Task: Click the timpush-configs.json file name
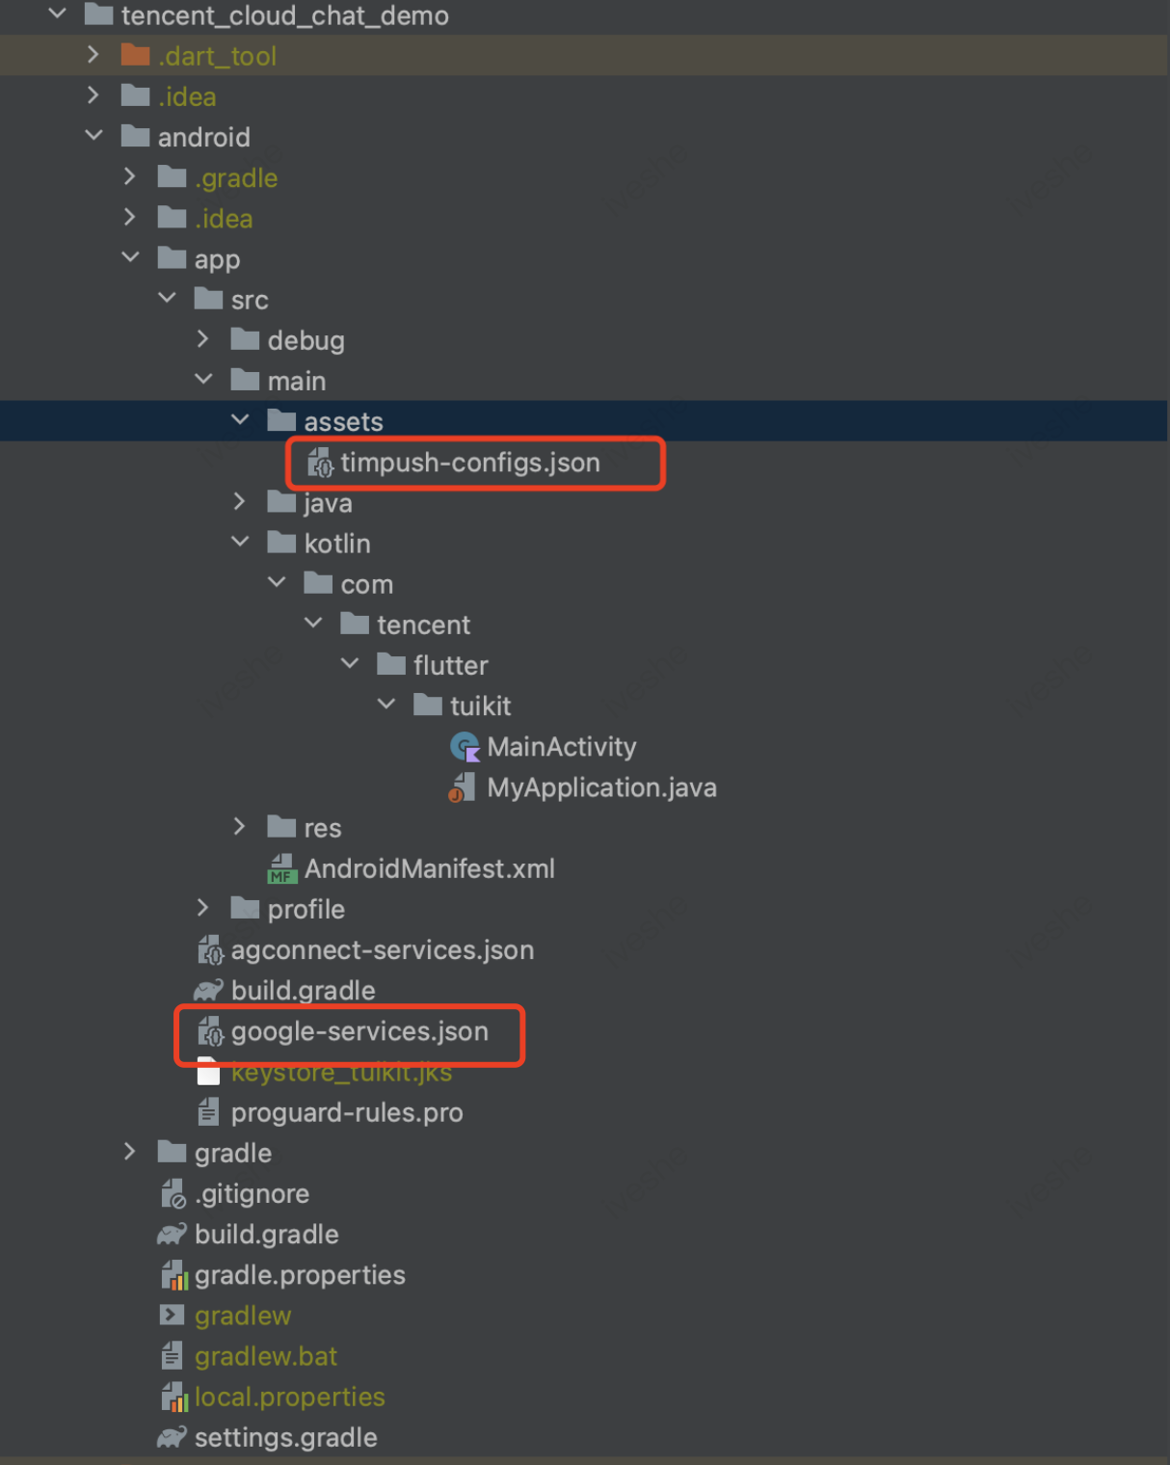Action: pyautogui.click(x=469, y=463)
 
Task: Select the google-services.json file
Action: pyautogui.click(x=359, y=1031)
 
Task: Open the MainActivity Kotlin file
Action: pyautogui.click(x=561, y=747)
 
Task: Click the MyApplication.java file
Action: pyautogui.click(x=601, y=787)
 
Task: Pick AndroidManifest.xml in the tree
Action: pyautogui.click(x=429, y=868)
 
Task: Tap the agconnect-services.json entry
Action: pyautogui.click(x=382, y=950)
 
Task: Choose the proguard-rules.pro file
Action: pyautogui.click(x=347, y=1112)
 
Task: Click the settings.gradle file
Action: pyautogui.click(x=285, y=1437)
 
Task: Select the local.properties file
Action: pyautogui.click(x=289, y=1397)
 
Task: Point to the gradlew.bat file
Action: pyautogui.click(x=266, y=1356)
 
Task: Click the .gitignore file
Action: pyautogui.click(x=252, y=1193)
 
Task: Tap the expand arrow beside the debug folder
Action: pyautogui.click(x=202, y=339)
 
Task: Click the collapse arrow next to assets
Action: pyautogui.click(x=240, y=420)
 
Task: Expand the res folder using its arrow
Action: pyautogui.click(x=240, y=827)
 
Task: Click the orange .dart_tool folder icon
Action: pyautogui.click(x=135, y=55)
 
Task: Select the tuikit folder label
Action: pyautogui.click(x=480, y=706)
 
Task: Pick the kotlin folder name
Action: pyautogui.click(x=337, y=544)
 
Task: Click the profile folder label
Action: pyautogui.click(x=306, y=909)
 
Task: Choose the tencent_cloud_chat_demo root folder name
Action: pyautogui.click(x=284, y=15)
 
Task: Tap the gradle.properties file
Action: pyautogui.click(x=300, y=1275)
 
